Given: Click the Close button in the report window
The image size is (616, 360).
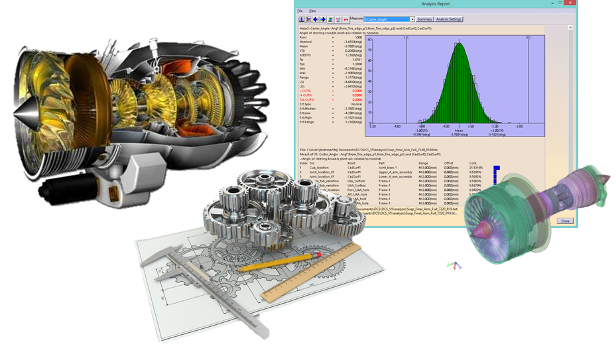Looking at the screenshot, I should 564,221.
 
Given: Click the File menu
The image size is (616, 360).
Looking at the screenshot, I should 300,11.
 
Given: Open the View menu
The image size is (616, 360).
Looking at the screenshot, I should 312,11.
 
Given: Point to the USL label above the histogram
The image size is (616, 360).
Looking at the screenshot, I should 528,38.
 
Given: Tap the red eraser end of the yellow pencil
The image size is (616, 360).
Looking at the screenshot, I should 318,254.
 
